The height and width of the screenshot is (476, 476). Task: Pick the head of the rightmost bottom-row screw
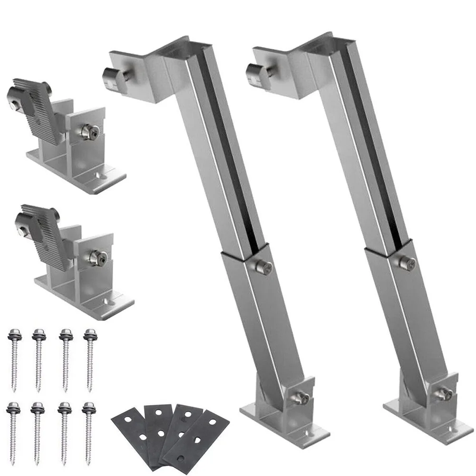87,407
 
